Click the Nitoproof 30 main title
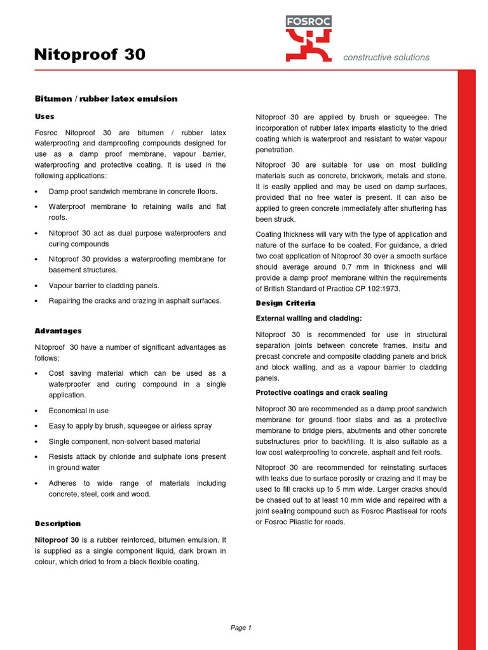click(90, 55)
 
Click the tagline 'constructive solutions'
click(386, 57)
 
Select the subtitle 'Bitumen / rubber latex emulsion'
click(105, 99)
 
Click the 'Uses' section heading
click(44, 117)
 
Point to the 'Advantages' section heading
click(58, 331)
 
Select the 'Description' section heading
click(58, 524)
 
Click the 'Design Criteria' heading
click(285, 303)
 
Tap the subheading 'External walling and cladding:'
click(309, 319)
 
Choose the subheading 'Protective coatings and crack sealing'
click(322, 393)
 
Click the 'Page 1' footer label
click(241, 628)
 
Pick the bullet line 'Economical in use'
click(78, 411)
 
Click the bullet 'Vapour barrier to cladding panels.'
click(104, 286)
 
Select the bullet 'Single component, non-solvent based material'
click(125, 441)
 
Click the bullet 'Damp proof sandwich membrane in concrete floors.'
click(133, 191)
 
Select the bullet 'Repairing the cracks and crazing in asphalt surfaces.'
click(135, 301)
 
